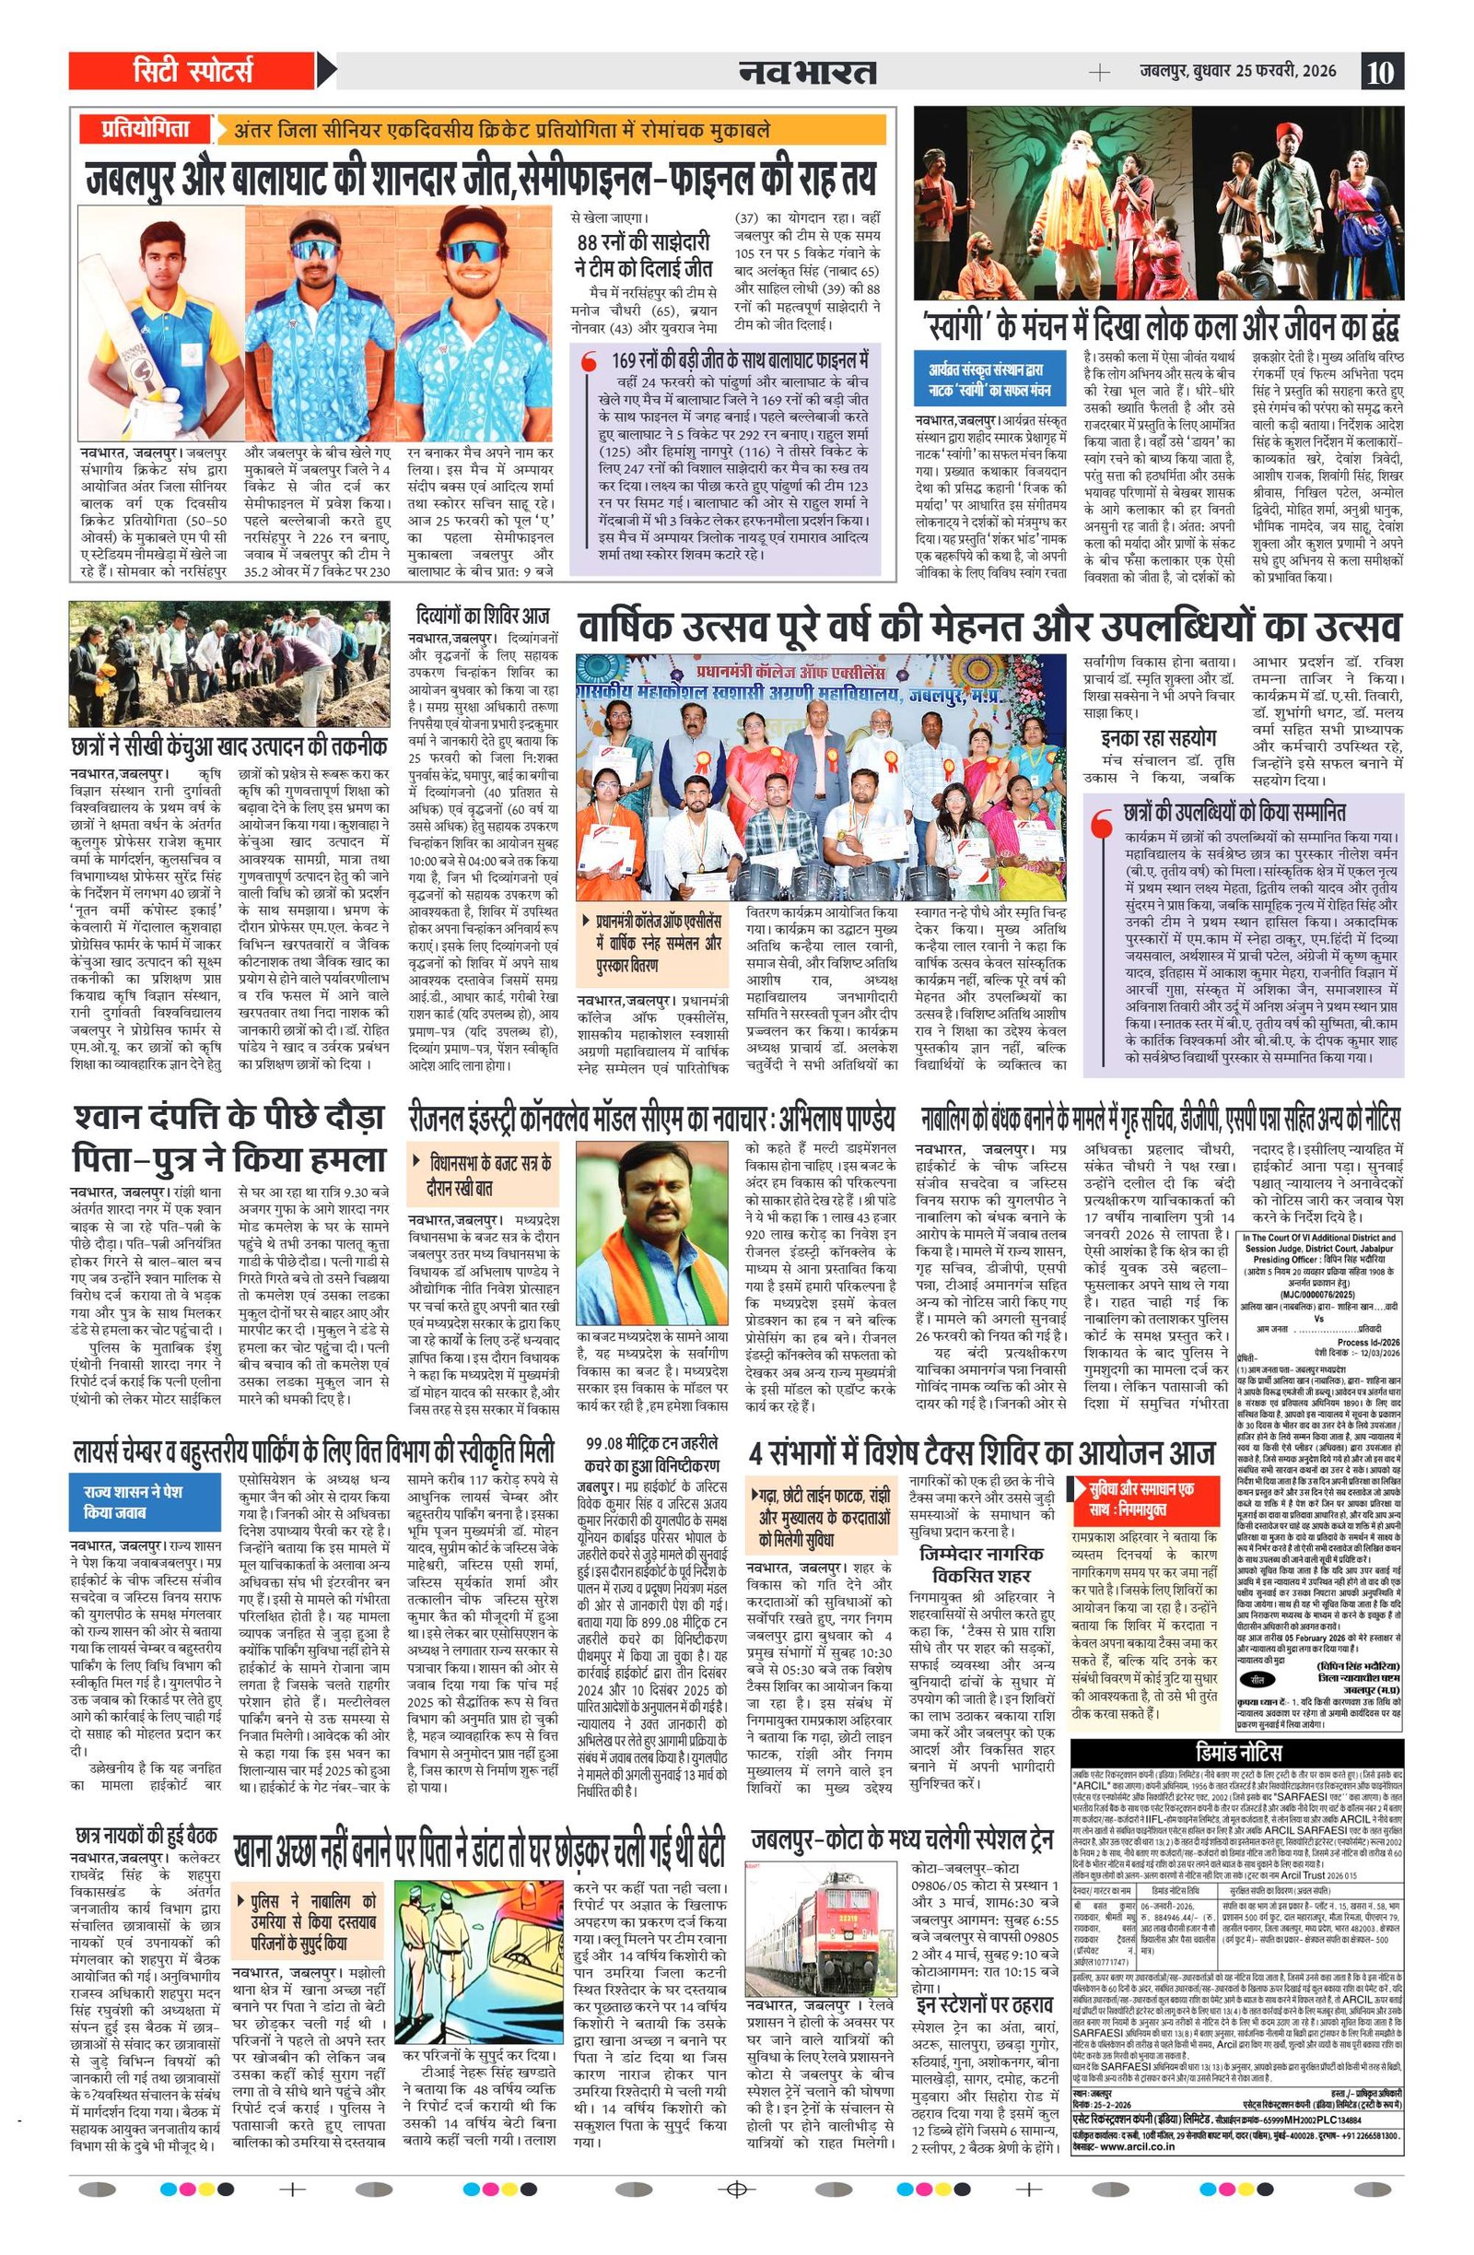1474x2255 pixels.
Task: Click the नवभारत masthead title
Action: (808, 72)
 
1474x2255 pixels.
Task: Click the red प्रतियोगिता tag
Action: (146, 130)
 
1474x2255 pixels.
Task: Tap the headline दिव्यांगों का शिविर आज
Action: (483, 614)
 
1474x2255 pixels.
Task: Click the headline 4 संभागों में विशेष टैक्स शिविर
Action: (981, 1451)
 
